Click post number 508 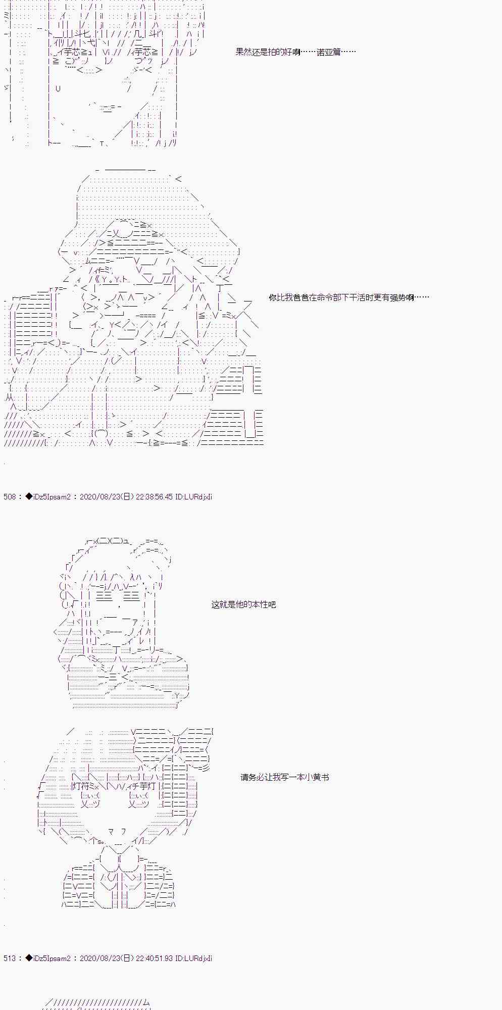click(x=10, y=496)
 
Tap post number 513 click(x=10, y=958)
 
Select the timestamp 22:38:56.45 click(x=155, y=496)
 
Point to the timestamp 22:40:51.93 click(x=155, y=958)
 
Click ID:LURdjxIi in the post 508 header click(x=193, y=496)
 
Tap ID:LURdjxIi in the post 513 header click(x=193, y=958)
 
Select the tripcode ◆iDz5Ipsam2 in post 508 click(x=48, y=496)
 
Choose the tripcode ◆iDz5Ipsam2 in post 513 click(x=48, y=958)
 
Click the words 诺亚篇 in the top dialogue click(x=328, y=52)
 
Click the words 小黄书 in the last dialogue click(x=317, y=777)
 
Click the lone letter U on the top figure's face click(x=58, y=88)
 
